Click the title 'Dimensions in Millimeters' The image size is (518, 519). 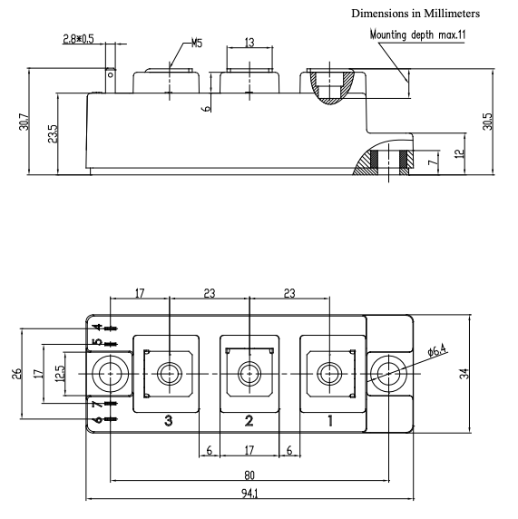tap(415, 14)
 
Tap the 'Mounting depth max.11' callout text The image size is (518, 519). tap(417, 34)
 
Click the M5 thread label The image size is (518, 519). tap(197, 43)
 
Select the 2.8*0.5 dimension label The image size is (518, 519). tap(78, 39)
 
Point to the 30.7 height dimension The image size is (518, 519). tap(24, 122)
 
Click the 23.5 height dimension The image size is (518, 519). tap(53, 133)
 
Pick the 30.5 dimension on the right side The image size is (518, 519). tap(487, 122)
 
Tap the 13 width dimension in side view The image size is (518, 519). tap(249, 43)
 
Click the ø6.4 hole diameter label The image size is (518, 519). tap(437, 350)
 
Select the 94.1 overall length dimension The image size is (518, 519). tap(249, 494)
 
